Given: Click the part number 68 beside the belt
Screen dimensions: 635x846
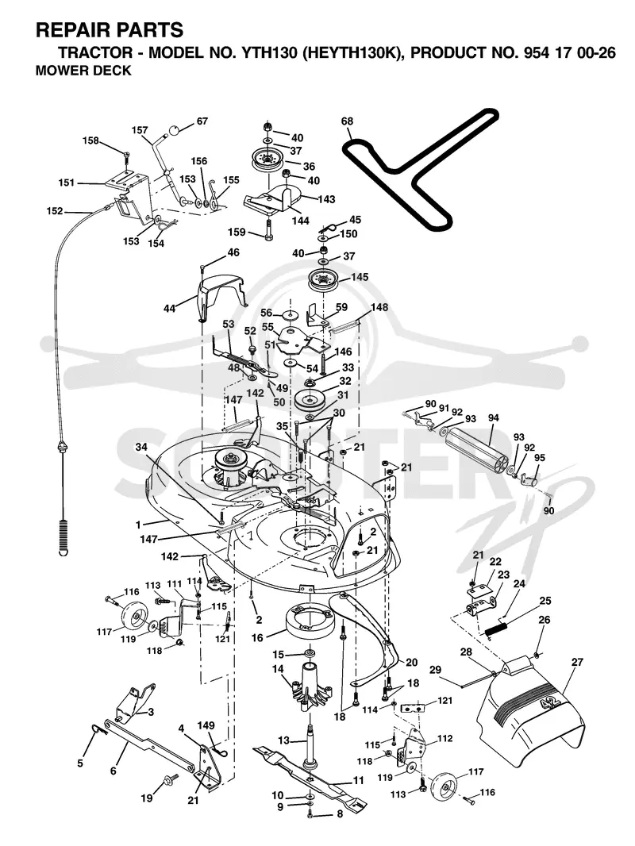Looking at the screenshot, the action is tap(347, 121).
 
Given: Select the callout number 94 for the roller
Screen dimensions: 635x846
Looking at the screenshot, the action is tap(493, 417).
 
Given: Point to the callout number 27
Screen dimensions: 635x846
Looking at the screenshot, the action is tap(577, 662).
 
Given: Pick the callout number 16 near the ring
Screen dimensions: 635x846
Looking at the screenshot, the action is tap(257, 638).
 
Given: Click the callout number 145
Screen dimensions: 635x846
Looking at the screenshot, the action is tap(360, 277).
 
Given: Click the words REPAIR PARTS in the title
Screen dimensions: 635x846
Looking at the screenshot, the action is tap(110, 29).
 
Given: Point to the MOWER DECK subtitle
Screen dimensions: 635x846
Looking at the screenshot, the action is tap(83, 71).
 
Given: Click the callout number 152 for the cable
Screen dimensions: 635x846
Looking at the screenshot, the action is tap(55, 211).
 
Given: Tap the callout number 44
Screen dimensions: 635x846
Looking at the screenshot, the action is tap(169, 310).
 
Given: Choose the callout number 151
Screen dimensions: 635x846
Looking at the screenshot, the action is tap(67, 183).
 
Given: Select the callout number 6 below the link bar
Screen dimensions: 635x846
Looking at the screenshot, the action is tap(114, 771).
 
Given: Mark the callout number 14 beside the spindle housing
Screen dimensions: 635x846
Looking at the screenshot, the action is tap(278, 669).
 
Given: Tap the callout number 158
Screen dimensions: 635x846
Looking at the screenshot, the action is tap(90, 140).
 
